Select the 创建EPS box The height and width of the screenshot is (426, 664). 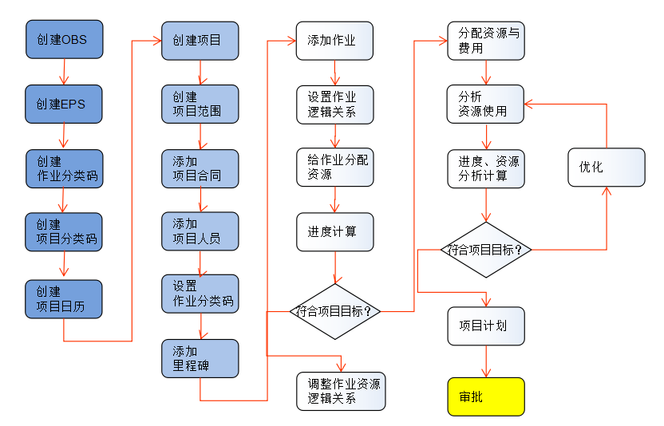(x=64, y=104)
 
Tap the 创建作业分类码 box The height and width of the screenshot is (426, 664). (x=64, y=168)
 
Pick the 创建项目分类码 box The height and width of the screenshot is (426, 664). (x=64, y=232)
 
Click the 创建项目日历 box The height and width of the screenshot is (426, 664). (x=64, y=299)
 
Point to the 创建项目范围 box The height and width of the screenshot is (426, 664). (x=200, y=104)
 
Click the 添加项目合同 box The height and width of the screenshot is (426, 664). (x=200, y=168)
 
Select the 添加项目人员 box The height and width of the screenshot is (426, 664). (x=200, y=231)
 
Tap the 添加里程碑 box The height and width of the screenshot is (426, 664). (x=200, y=359)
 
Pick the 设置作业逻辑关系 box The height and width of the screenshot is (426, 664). (x=334, y=104)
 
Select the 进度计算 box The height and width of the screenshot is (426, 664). (x=334, y=232)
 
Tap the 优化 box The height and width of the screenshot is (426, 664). (x=606, y=168)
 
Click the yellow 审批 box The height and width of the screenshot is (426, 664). (x=486, y=396)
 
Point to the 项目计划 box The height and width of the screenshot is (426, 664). (x=486, y=325)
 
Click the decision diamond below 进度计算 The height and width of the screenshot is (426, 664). (x=334, y=310)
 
